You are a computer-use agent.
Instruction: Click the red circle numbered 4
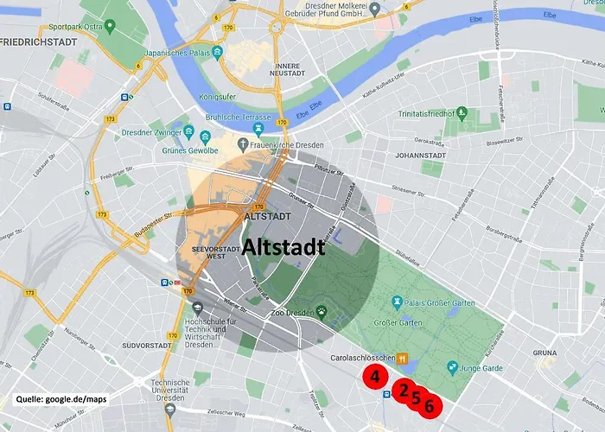(374, 377)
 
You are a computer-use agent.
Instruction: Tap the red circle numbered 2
(403, 391)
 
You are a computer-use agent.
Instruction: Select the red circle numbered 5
(416, 398)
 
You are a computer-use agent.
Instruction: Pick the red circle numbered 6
(430, 405)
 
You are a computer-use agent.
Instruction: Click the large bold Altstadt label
(283, 247)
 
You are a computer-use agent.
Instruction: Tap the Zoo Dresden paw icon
(322, 313)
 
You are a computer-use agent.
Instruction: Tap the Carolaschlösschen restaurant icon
(402, 357)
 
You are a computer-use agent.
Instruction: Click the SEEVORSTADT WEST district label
(204, 257)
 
